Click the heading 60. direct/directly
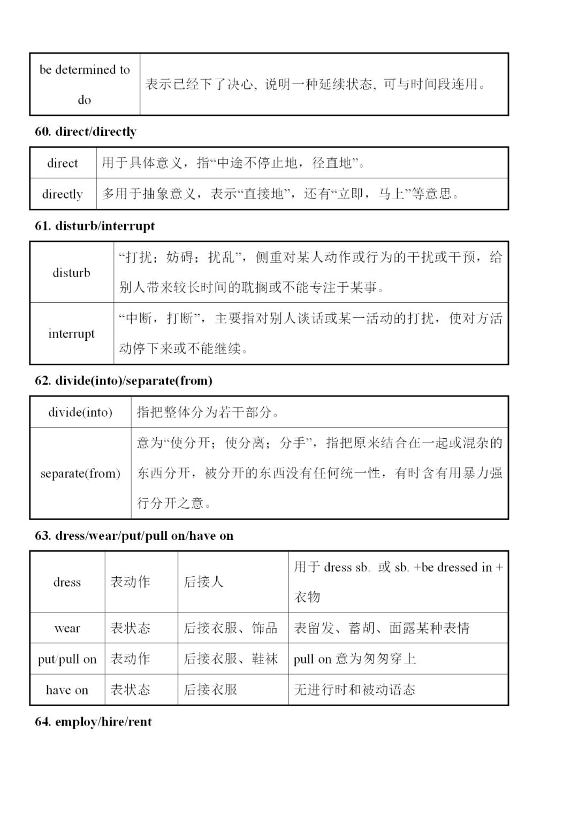pyautogui.click(x=86, y=132)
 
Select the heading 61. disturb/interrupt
pyautogui.click(x=95, y=226)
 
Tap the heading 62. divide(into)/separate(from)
pyautogui.click(x=124, y=381)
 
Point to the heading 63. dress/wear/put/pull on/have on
pyautogui.click(x=134, y=536)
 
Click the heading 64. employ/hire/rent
pyautogui.click(x=93, y=722)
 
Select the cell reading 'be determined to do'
pyautogui.click(x=85, y=85)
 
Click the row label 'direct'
pyautogui.click(x=63, y=163)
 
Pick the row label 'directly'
pyautogui.click(x=63, y=194)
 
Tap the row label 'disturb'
pyautogui.click(x=71, y=273)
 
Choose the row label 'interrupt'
pyautogui.click(x=71, y=334)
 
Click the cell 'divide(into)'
pyautogui.click(x=80, y=412)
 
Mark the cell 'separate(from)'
pyautogui.click(x=80, y=474)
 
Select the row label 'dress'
pyautogui.click(x=67, y=582)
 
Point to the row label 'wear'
pyautogui.click(x=67, y=628)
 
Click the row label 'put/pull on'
pyautogui.click(x=67, y=659)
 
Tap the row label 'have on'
pyautogui.click(x=67, y=690)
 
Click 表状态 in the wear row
pyautogui.click(x=130, y=628)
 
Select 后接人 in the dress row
pyautogui.click(x=203, y=582)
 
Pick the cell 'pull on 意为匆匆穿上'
pyautogui.click(x=354, y=659)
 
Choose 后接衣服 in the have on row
pyautogui.click(x=210, y=690)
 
